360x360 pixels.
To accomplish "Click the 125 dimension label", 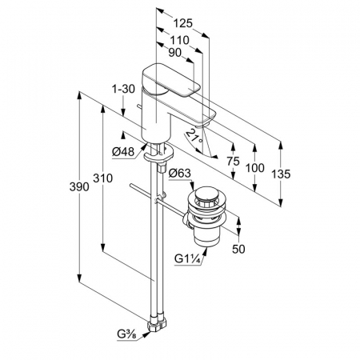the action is point(182,23).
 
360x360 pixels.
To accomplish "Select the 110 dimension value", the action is point(179,40).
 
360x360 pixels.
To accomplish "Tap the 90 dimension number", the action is point(175,53).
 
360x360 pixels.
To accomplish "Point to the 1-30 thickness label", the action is point(123,89).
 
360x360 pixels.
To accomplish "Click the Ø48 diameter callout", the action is point(123,152).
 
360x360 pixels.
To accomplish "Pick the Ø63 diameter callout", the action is point(180,174).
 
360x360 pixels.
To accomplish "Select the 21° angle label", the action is point(194,137).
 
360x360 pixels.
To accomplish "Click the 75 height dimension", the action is point(233,161).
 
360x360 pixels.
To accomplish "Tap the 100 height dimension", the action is point(255,168).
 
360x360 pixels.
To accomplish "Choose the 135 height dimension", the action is point(281,174).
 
